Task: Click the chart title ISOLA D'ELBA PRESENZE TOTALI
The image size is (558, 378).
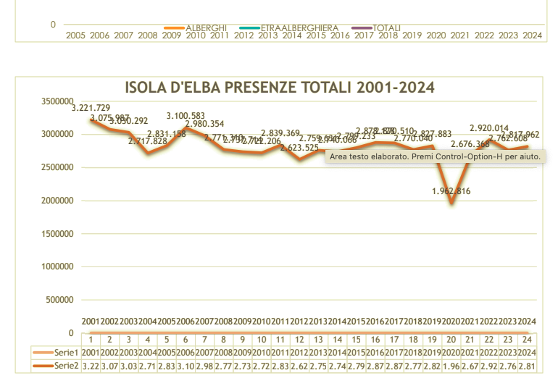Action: [279, 88]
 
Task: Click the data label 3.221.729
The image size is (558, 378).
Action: [91, 108]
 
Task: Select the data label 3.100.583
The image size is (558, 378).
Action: [186, 115]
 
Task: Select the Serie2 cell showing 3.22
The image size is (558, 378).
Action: [91, 366]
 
